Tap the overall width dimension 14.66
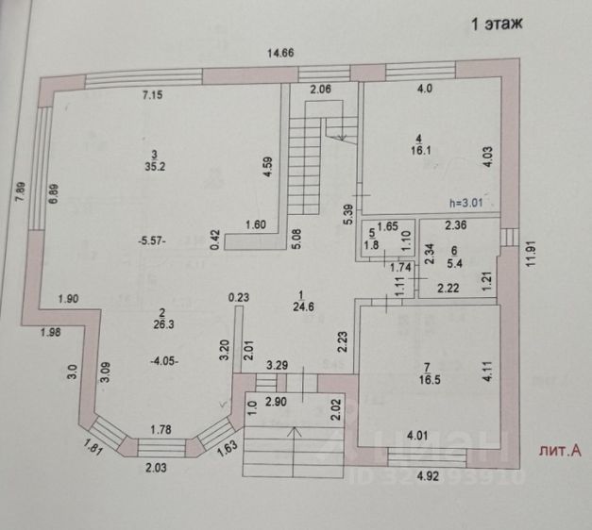[x=280, y=53]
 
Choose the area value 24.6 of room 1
[x=302, y=306]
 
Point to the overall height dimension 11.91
[x=532, y=254]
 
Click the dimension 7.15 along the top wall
[x=153, y=95]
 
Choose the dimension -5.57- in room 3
[x=152, y=241]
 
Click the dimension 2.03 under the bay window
[x=161, y=465]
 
